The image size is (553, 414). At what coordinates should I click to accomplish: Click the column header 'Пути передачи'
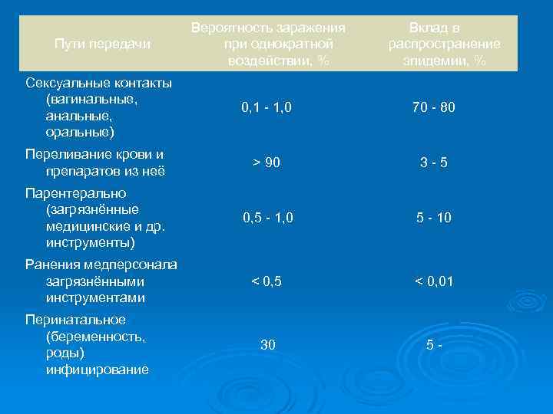(103, 44)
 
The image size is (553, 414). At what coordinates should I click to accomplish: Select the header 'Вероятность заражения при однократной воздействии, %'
(268, 44)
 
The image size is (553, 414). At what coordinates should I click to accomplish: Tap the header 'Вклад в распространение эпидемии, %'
(444, 44)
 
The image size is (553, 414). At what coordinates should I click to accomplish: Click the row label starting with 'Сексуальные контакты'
(98, 107)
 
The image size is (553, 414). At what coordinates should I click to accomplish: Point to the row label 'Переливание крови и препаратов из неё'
(95, 163)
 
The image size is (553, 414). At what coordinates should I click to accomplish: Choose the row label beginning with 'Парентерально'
(94, 218)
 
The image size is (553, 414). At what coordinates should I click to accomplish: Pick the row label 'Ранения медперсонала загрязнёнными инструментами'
(101, 281)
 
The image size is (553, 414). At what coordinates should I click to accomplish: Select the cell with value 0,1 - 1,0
(267, 108)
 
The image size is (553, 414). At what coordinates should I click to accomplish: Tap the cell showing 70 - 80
(434, 108)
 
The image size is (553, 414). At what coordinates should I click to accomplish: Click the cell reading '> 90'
(267, 163)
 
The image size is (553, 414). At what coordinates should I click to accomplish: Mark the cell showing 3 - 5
(434, 163)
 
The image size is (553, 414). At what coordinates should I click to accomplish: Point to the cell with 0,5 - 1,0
(267, 219)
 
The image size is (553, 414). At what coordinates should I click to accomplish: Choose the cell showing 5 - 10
(434, 219)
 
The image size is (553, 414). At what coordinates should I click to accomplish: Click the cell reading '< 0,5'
(267, 281)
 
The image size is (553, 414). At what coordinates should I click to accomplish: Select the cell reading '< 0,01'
(434, 281)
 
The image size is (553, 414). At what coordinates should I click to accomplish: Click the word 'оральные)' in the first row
(80, 133)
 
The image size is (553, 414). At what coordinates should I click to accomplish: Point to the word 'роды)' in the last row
(65, 353)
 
